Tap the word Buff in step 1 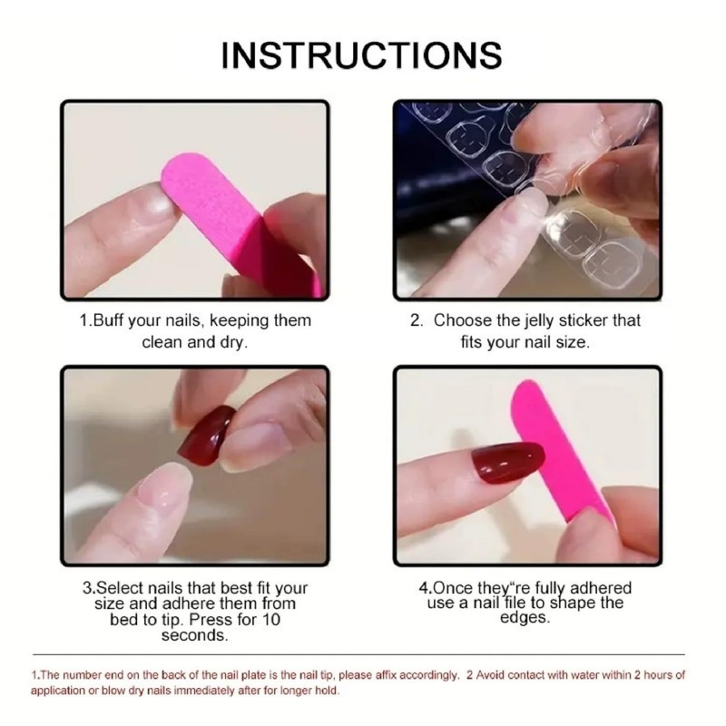tap(116, 320)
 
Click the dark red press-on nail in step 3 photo tap(206, 436)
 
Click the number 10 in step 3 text tap(271, 619)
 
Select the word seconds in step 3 tap(194, 635)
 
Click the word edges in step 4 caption tap(525, 618)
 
